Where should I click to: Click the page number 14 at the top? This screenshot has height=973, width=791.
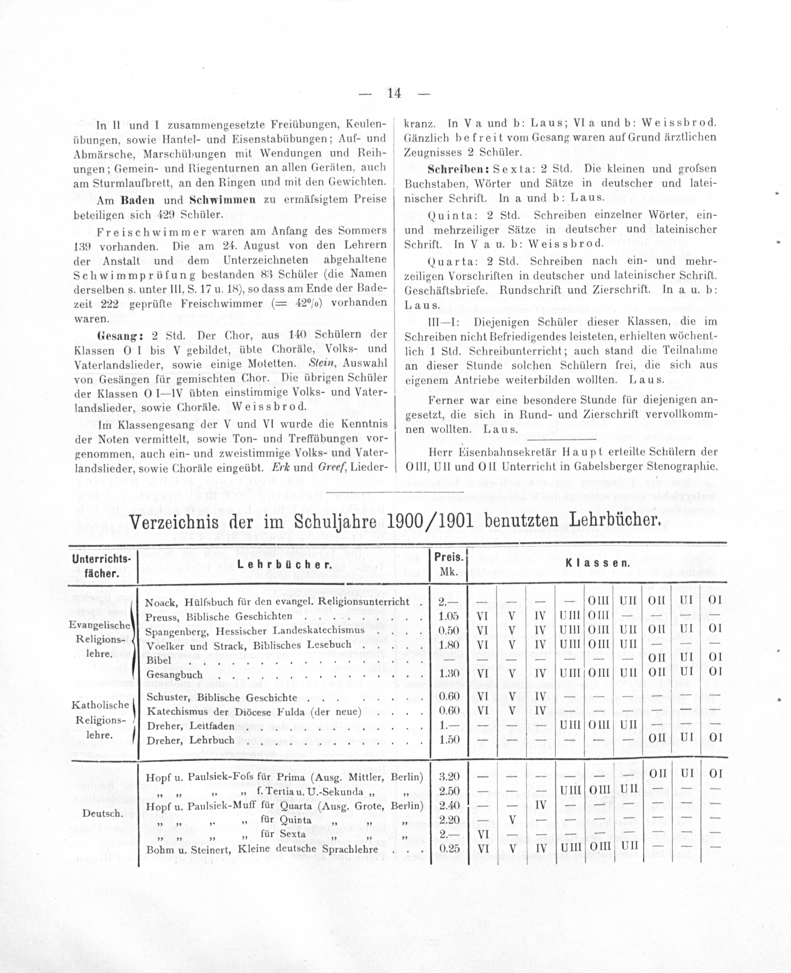(394, 93)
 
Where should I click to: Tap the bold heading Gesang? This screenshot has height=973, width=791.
(119, 335)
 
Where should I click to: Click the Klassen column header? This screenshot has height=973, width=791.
(597, 563)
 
